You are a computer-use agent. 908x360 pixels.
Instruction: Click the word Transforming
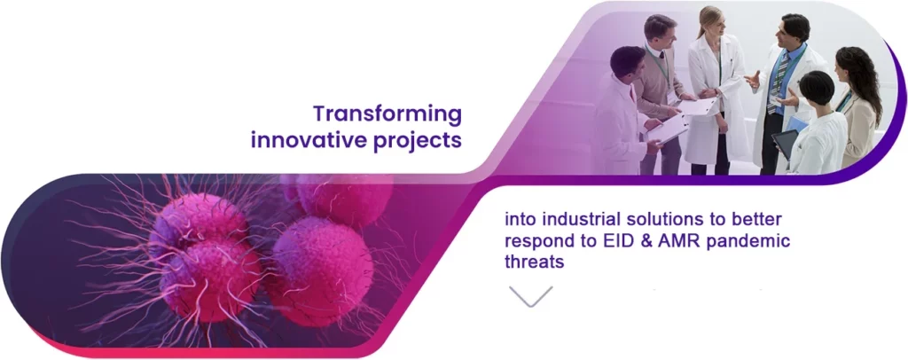(387, 114)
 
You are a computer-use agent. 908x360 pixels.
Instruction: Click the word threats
(535, 262)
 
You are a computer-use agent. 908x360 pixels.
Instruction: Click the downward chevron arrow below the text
(530, 296)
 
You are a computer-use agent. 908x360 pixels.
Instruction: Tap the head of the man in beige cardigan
(661, 34)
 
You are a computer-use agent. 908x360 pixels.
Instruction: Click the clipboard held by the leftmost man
(667, 129)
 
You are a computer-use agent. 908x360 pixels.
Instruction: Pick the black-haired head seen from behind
(817, 88)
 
